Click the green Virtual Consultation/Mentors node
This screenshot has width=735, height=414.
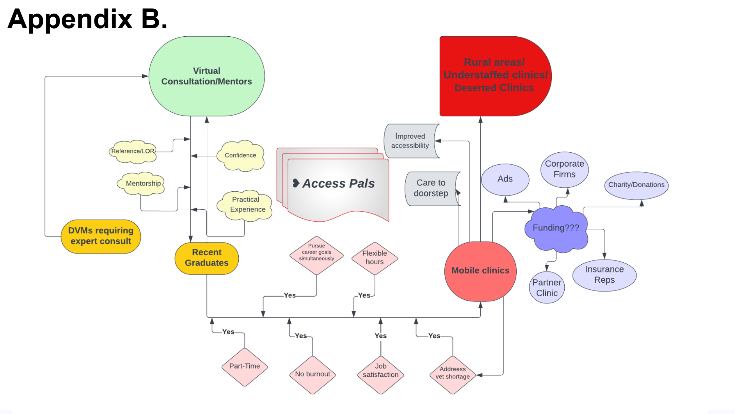pyautogui.click(x=206, y=76)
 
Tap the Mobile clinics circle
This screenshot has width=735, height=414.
pyautogui.click(x=480, y=271)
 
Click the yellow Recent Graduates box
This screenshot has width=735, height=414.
pyautogui.click(x=206, y=258)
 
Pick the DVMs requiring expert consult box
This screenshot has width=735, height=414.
pyautogui.click(x=101, y=236)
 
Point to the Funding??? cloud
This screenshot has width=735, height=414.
pyautogui.click(x=556, y=228)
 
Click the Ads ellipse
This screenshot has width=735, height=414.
pyautogui.click(x=505, y=179)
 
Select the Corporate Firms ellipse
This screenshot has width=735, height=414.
pyautogui.click(x=564, y=169)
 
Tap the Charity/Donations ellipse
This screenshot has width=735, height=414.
pyautogui.click(x=636, y=185)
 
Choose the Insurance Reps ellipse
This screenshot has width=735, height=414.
pyautogui.click(x=604, y=275)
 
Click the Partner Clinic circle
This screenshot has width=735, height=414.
pyautogui.click(x=547, y=287)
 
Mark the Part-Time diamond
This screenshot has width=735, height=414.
pyautogui.click(x=244, y=366)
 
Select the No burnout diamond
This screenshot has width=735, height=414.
pyautogui.click(x=312, y=374)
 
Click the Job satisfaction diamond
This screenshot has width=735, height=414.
pyautogui.click(x=380, y=371)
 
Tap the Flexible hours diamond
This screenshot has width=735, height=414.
pyautogui.click(x=374, y=258)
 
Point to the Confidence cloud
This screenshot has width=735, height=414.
pyautogui.click(x=241, y=155)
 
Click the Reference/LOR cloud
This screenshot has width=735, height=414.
pyautogui.click(x=133, y=151)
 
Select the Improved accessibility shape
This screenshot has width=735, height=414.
pyautogui.click(x=410, y=141)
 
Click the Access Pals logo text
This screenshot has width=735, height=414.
pyautogui.click(x=338, y=184)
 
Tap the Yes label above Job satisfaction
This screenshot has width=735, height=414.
pyautogui.click(x=380, y=336)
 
